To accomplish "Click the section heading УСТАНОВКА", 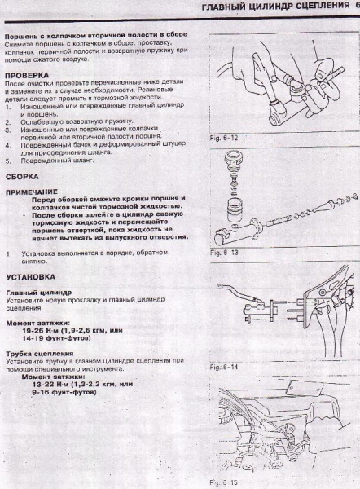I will click(x=30, y=275).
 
